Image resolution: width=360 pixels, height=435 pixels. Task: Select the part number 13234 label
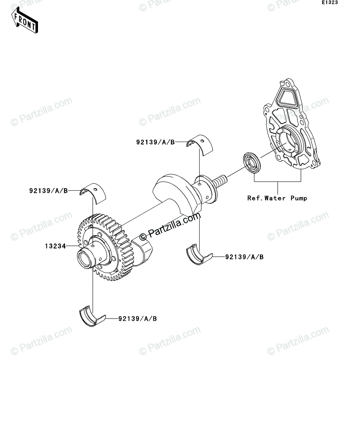pyautogui.click(x=55, y=246)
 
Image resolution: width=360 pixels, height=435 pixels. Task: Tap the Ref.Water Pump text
pyautogui.click(x=277, y=198)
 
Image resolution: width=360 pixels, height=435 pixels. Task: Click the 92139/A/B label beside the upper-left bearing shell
pyautogui.click(x=49, y=191)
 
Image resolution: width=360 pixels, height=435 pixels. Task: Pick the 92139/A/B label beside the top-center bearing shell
pyautogui.click(x=156, y=142)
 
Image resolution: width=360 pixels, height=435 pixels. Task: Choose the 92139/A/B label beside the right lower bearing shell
pyautogui.click(x=244, y=257)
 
